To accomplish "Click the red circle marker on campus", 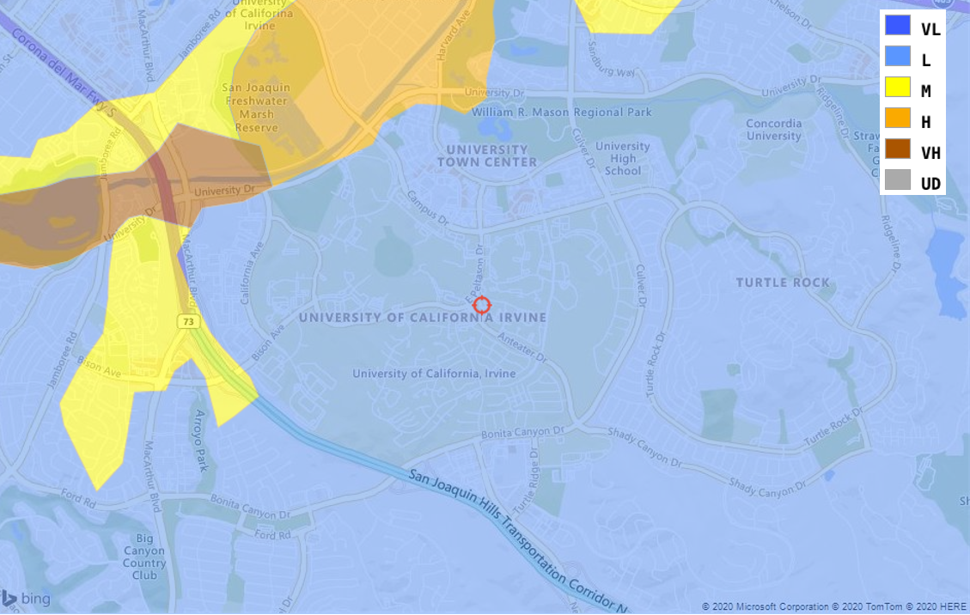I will click(x=482, y=305).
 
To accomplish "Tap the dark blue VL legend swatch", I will click(x=898, y=26).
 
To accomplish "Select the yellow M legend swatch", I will click(x=898, y=87).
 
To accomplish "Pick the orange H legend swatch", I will click(x=898, y=118).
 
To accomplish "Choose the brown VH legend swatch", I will click(x=898, y=149).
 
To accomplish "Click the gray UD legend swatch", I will click(x=898, y=180).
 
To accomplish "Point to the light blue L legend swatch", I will click(x=898, y=56).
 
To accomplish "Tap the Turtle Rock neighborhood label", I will click(x=783, y=283).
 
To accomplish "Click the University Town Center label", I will click(x=486, y=155).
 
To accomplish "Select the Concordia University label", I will click(x=773, y=130).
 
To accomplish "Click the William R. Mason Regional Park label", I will click(x=561, y=113).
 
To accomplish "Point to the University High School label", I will click(x=622, y=158).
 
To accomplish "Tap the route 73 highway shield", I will click(x=189, y=321).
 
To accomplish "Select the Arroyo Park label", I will click(x=201, y=441).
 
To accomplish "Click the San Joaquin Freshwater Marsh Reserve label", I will click(x=256, y=107).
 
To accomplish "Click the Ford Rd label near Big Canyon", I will click(x=272, y=534).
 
